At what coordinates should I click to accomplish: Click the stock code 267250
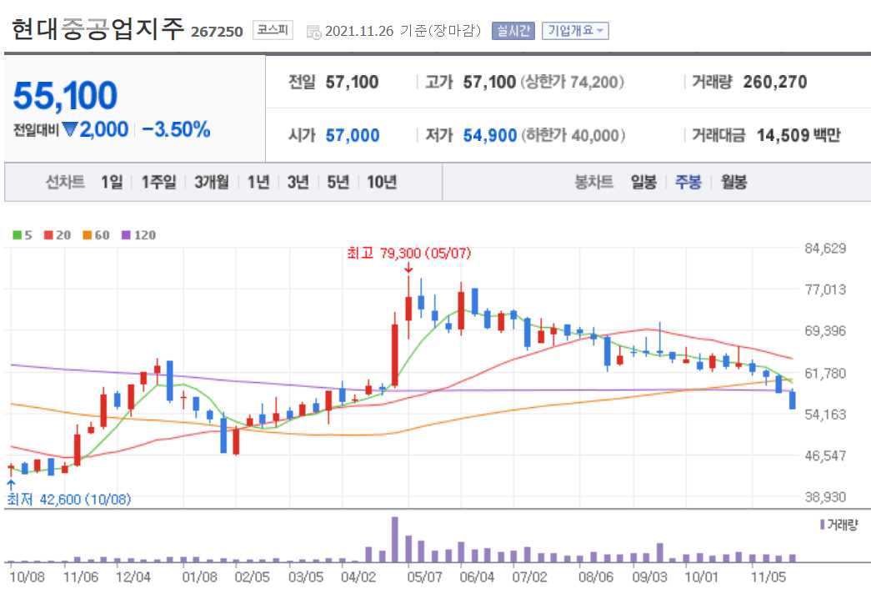tap(217, 32)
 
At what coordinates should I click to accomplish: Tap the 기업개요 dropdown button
tap(575, 31)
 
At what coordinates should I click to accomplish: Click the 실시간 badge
tap(512, 31)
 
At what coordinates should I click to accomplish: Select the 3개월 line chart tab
tap(211, 182)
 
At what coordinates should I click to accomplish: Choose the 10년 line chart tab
tap(382, 182)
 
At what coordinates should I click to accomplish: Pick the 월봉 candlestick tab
tap(734, 182)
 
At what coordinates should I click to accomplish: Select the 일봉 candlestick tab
tap(643, 182)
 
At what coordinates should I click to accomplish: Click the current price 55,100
tap(65, 97)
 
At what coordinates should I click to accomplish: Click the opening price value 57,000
tap(352, 135)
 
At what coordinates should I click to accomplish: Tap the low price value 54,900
tap(490, 135)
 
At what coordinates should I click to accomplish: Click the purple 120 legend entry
tap(139, 235)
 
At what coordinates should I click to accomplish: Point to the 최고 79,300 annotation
tap(408, 253)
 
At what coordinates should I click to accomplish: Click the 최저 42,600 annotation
tap(69, 499)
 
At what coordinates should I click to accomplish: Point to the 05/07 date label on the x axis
tap(424, 576)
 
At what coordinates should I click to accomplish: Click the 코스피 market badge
tap(273, 31)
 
